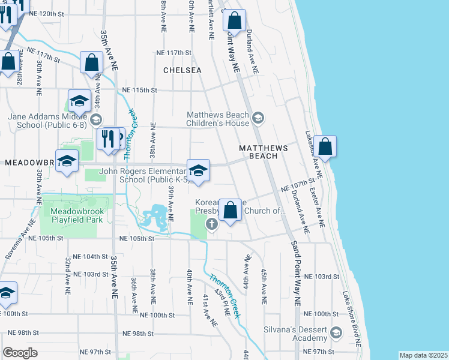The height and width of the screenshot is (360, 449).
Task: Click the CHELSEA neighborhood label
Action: tap(182, 70)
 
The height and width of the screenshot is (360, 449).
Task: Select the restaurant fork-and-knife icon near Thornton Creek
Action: tap(107, 139)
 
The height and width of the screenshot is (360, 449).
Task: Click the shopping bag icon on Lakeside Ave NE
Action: tap(325, 146)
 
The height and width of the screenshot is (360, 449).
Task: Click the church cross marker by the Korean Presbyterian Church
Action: tap(211, 224)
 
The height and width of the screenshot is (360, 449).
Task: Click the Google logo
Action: tap(20, 352)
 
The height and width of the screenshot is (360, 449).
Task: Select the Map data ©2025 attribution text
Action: tap(423, 355)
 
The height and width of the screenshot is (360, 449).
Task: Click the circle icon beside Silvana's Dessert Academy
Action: tap(336, 332)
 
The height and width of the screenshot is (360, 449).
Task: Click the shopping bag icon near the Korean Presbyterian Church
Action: tap(231, 210)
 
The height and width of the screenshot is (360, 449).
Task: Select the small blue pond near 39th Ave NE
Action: tap(155, 214)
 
